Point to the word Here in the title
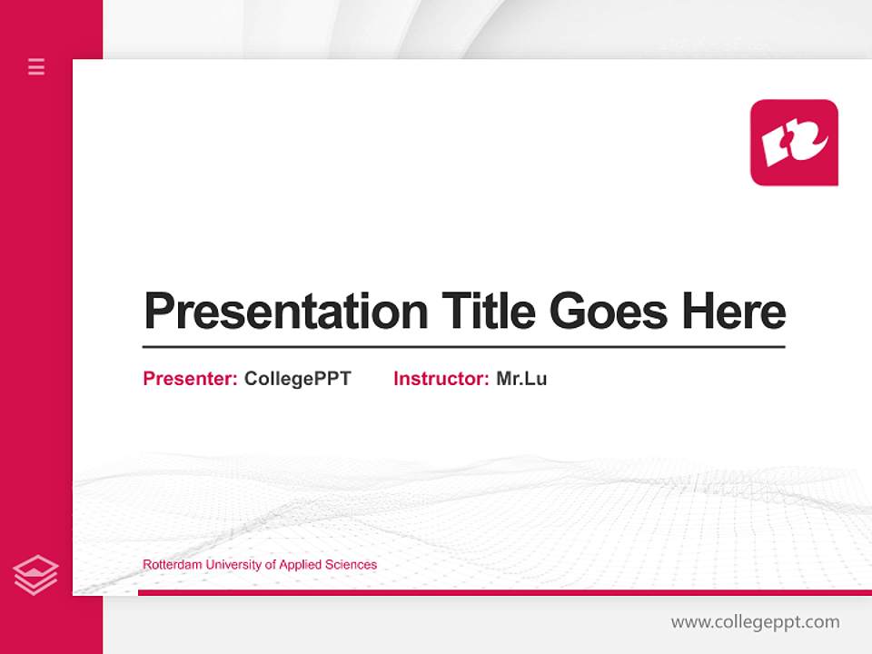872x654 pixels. [733, 312]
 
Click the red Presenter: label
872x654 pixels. [190, 379]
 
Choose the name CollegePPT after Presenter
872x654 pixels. [297, 379]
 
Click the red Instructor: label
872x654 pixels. [441, 379]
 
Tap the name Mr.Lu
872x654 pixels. [521, 379]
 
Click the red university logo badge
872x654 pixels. [794, 143]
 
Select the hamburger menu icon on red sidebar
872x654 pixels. [36, 66]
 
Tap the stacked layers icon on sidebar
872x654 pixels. [36, 575]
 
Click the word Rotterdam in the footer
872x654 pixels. [172, 565]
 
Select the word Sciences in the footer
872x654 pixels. [352, 565]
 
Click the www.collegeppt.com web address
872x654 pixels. [755, 622]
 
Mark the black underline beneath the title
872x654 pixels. [463, 347]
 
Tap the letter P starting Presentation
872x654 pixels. [159, 312]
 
